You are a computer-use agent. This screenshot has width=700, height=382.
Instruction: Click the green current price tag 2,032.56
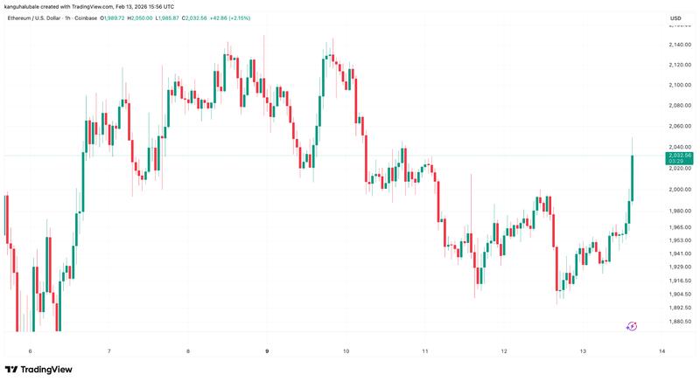pos(678,156)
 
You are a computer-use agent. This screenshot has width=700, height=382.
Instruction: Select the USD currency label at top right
pos(675,18)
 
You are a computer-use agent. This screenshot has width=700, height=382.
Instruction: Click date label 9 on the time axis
pos(267,351)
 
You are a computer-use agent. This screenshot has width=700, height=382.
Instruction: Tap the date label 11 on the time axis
pos(424,351)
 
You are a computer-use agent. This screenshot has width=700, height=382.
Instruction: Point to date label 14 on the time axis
pos(662,351)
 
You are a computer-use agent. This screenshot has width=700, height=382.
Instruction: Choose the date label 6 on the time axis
pos(30,351)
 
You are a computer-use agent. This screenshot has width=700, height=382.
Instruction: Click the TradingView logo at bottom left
pos(39,370)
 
